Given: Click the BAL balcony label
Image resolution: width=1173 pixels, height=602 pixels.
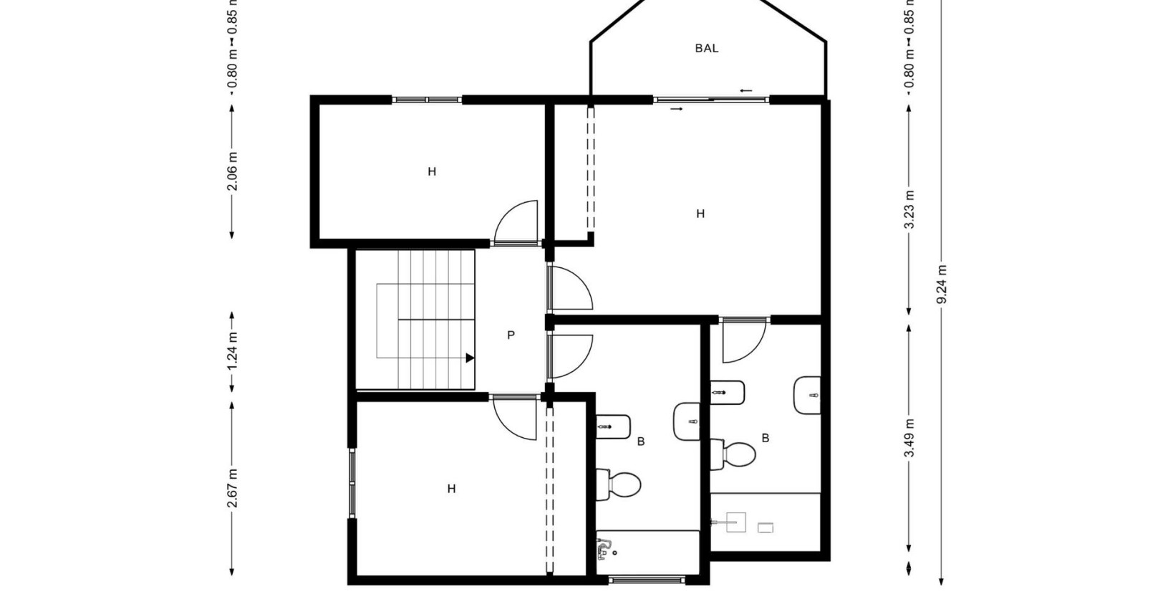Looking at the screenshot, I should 706,49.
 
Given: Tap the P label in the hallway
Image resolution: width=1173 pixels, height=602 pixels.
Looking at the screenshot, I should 511,335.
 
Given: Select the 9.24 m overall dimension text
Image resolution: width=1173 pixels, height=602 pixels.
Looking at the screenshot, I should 942,284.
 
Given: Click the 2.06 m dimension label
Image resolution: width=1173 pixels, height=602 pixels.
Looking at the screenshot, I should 232,173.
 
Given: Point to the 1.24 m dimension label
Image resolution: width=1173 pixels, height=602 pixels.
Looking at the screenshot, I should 232,352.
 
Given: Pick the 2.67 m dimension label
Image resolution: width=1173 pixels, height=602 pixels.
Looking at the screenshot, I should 232,487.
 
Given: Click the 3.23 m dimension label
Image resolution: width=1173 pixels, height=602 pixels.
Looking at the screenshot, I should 909,209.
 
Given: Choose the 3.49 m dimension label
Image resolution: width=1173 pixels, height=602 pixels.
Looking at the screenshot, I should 909,438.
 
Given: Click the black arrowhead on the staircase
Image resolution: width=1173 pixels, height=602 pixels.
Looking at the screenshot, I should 470,358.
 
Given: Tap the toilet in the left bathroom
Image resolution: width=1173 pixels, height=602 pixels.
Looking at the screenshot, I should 619,484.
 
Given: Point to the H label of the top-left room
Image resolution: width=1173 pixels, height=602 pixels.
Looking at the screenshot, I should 432,172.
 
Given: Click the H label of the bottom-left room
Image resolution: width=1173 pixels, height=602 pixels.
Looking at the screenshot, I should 451,489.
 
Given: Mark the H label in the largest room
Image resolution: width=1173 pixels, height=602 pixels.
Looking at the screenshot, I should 700,214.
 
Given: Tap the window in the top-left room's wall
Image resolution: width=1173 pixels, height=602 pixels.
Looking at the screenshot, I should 427,100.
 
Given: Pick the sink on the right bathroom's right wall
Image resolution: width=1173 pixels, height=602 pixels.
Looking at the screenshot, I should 807,395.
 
